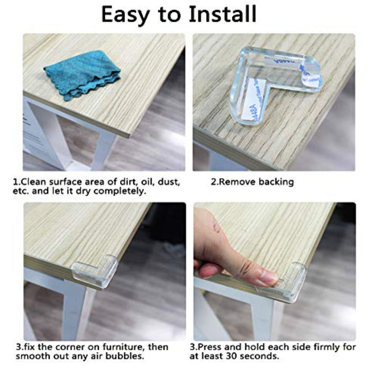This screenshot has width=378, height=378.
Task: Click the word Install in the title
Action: pyautogui.click(x=223, y=15)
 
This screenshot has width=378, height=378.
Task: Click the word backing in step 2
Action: pyautogui.click(x=276, y=182)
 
